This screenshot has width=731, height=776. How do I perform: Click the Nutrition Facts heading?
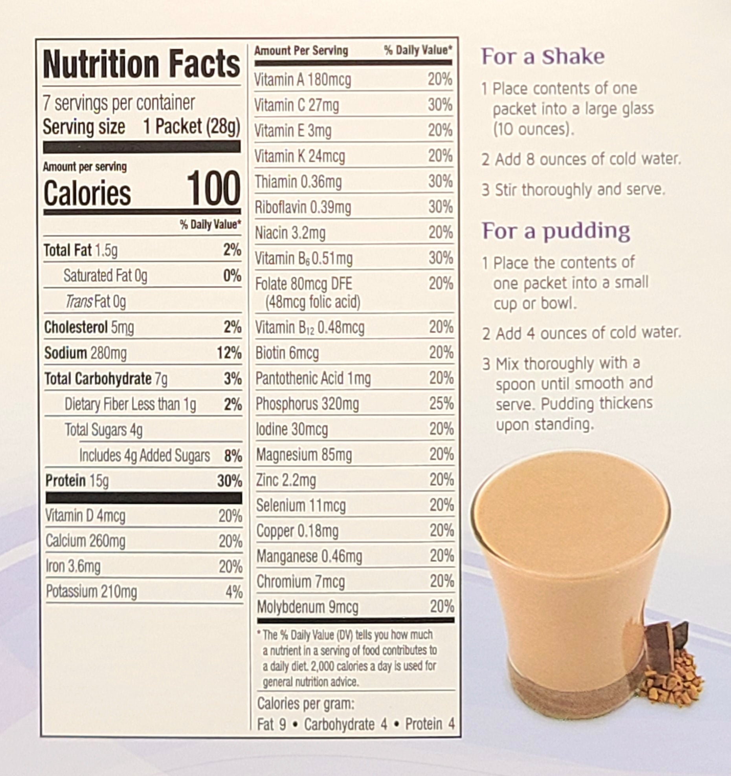(141, 64)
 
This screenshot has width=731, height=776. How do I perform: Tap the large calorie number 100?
(213, 189)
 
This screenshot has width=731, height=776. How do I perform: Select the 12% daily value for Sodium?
(229, 353)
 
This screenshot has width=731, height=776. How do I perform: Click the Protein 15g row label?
(77, 481)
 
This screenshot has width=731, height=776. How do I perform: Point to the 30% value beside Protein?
(230, 481)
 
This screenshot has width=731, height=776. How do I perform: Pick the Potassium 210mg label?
(91, 591)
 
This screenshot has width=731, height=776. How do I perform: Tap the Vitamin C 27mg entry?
(296, 106)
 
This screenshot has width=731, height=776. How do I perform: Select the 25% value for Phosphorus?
(441, 404)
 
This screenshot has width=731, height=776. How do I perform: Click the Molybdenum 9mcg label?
(307, 607)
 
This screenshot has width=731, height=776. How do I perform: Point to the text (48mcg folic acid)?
(313, 302)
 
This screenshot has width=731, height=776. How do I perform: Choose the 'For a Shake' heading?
(543, 57)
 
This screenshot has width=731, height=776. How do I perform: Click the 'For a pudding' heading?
(556, 231)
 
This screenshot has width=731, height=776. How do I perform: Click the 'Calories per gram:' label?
(306, 704)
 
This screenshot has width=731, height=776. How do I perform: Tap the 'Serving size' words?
(84, 127)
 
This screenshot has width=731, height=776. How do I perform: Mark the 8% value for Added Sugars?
(233, 456)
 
